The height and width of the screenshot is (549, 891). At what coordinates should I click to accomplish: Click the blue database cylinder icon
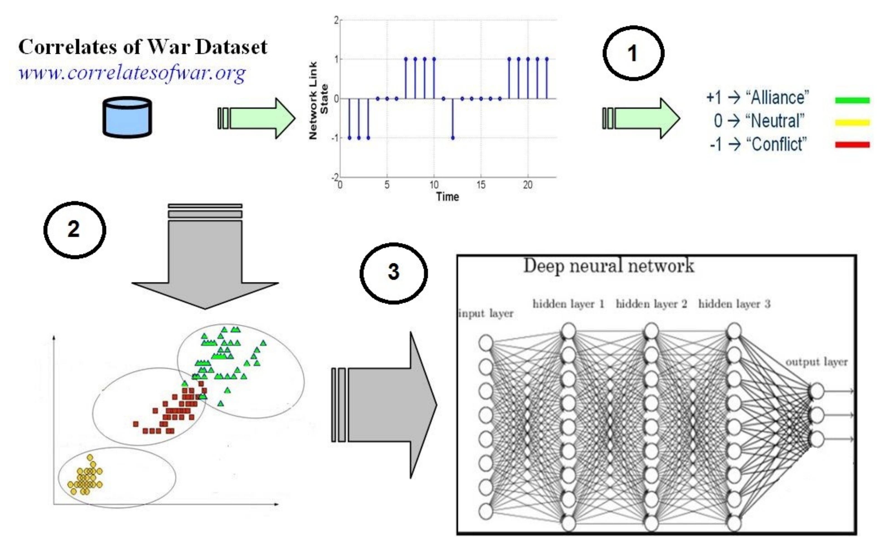[127, 117]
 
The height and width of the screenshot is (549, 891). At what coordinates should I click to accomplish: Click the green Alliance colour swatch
[852, 100]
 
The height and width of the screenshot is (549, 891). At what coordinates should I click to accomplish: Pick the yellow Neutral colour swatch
[852, 122]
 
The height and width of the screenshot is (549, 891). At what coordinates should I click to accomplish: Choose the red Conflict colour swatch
[852, 144]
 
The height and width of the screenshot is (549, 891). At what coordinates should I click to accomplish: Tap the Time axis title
[447, 197]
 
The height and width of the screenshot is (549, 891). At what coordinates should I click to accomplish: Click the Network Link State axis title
[318, 100]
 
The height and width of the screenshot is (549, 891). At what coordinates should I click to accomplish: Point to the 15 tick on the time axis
[481, 185]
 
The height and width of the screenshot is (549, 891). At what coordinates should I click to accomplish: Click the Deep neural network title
[608, 266]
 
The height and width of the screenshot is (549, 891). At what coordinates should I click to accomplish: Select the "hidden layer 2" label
[651, 304]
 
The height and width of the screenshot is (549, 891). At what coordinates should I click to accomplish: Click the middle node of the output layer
[817, 415]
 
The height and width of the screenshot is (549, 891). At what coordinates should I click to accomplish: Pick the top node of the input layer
[486, 343]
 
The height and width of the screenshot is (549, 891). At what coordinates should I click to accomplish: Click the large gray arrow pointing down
[205, 261]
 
